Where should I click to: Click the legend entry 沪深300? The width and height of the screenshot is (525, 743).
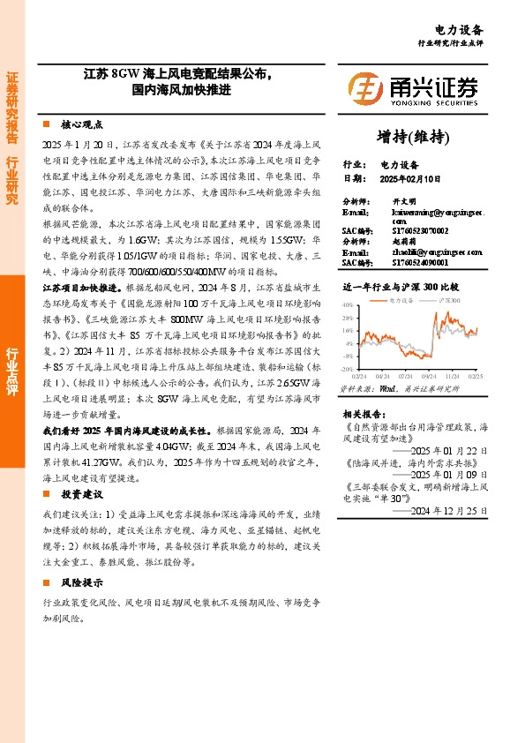(450, 301)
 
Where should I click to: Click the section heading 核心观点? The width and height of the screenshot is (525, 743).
(82, 125)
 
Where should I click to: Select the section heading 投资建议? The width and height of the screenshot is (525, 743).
(82, 493)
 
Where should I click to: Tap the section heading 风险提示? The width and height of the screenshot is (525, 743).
(82, 583)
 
